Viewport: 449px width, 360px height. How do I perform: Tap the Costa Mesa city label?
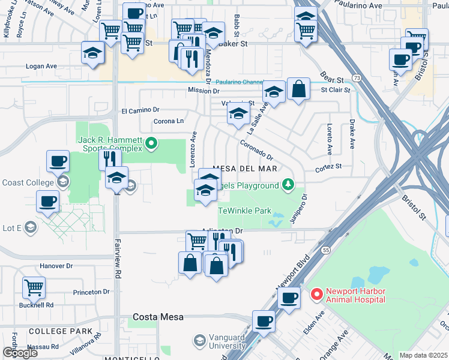(x=158, y=317)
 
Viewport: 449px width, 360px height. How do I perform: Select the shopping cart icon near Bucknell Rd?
(x=34, y=287)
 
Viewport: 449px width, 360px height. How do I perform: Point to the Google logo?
(x=19, y=353)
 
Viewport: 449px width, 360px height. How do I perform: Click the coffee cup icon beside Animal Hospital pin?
(x=289, y=298)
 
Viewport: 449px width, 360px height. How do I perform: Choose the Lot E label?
(x=13, y=227)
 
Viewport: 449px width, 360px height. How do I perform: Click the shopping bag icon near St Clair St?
(x=298, y=89)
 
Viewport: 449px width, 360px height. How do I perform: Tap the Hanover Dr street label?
(x=56, y=266)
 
